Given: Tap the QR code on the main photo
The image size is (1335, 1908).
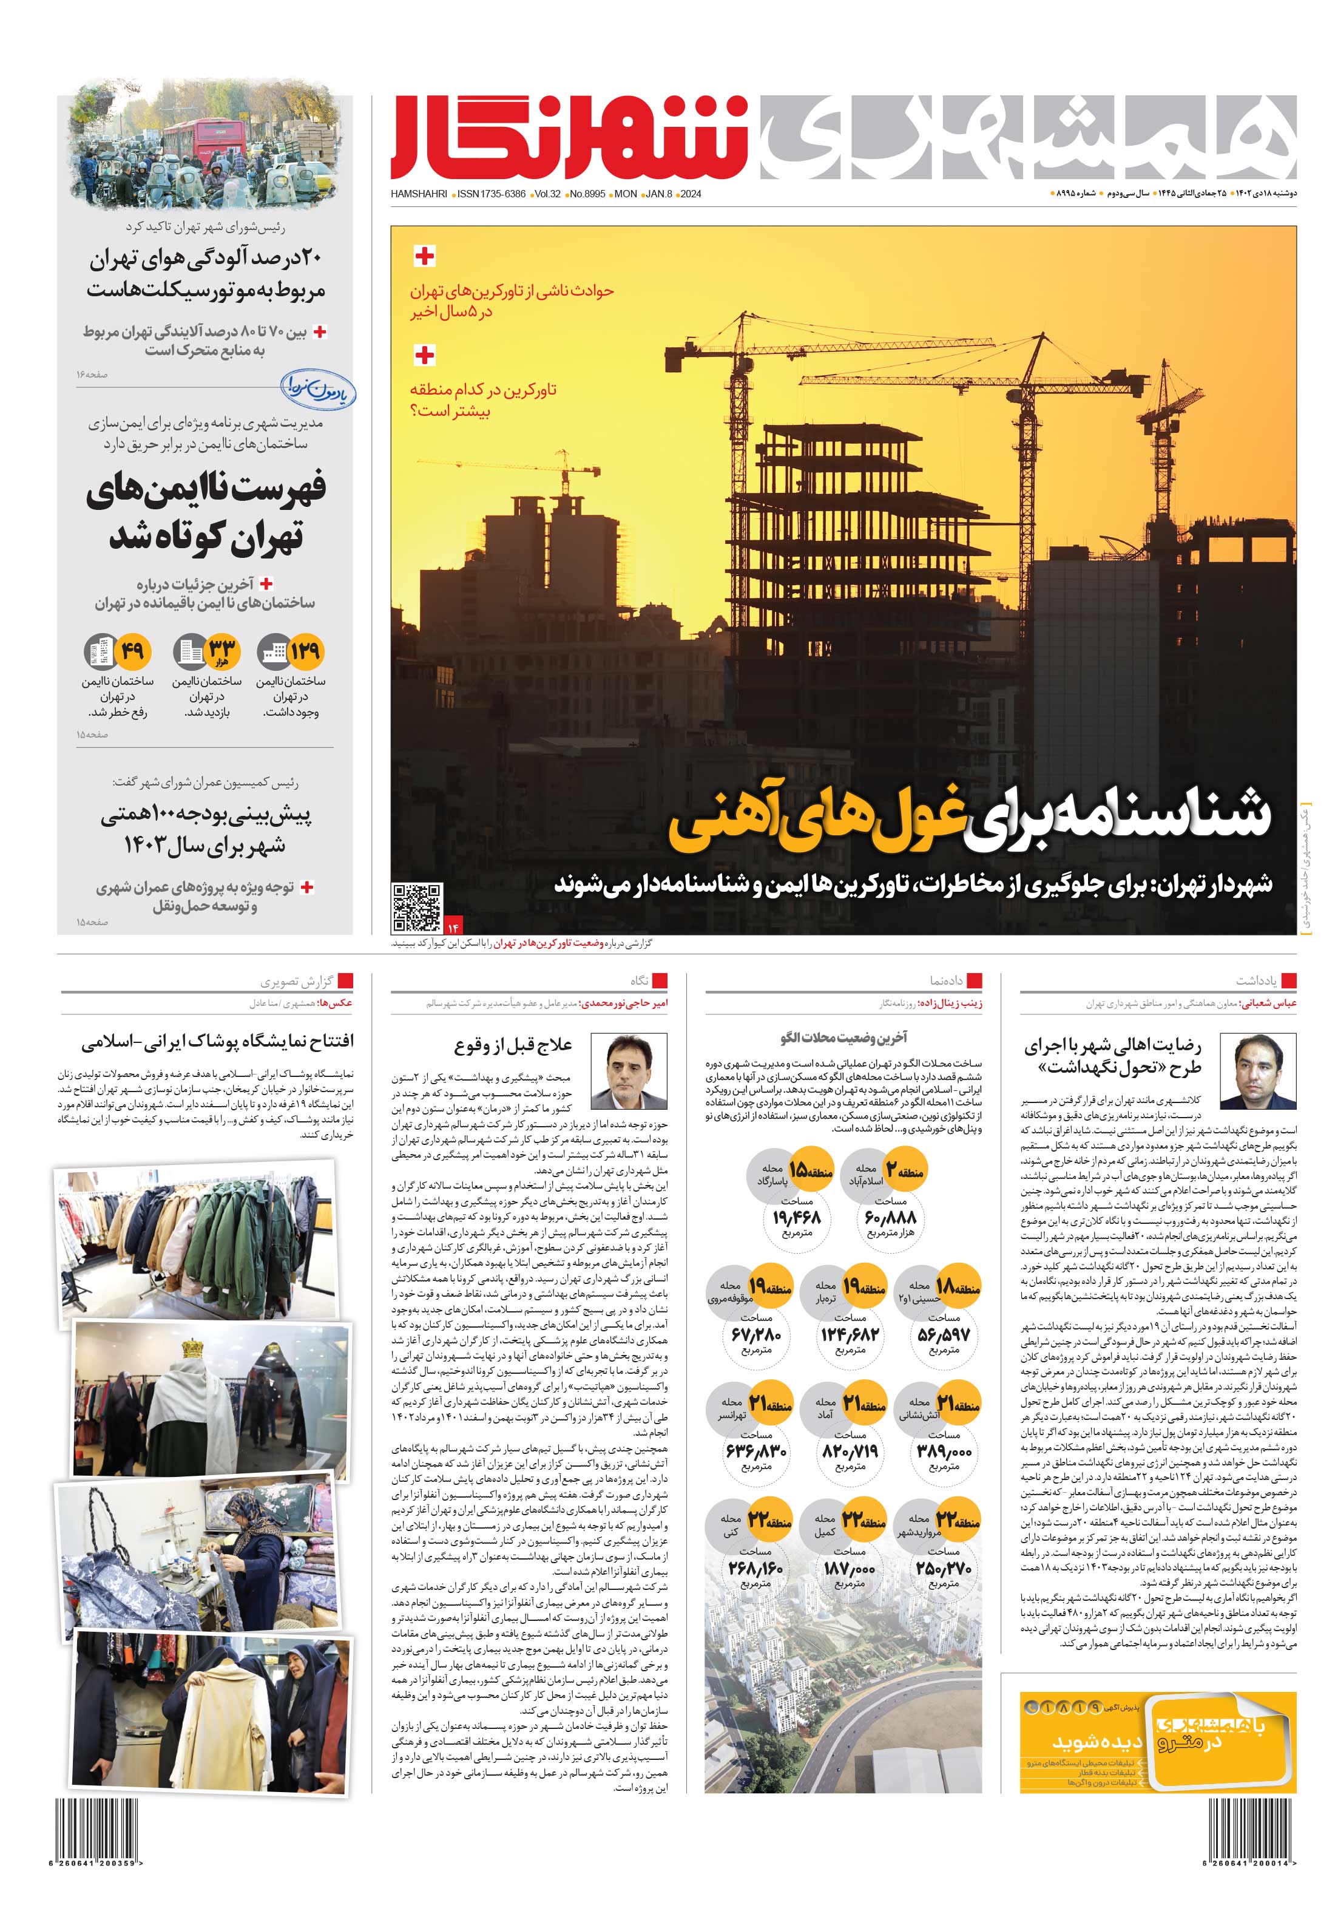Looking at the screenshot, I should click(x=417, y=908).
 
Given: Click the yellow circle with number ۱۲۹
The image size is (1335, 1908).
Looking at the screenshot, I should click(x=305, y=651).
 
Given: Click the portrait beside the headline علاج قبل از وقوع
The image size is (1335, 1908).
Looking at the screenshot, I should click(x=628, y=1072).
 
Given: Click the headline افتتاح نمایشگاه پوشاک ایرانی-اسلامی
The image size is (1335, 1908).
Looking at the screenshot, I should click(x=218, y=1041).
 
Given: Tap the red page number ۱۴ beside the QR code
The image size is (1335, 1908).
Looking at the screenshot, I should click(x=453, y=926).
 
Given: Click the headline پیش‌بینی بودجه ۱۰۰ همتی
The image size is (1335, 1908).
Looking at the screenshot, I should click(x=206, y=815).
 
